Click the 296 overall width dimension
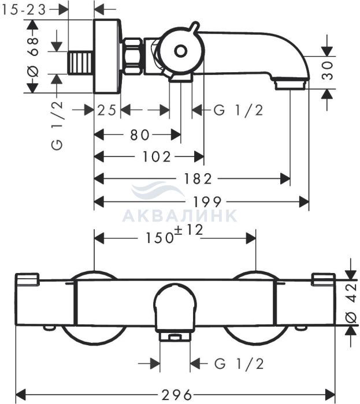point(177,394)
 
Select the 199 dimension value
point(207,202)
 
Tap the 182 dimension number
point(198,178)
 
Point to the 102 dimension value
point(157,156)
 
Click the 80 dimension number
point(140,134)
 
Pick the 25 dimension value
point(107,110)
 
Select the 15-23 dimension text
point(24,10)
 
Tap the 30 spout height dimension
point(328,71)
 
